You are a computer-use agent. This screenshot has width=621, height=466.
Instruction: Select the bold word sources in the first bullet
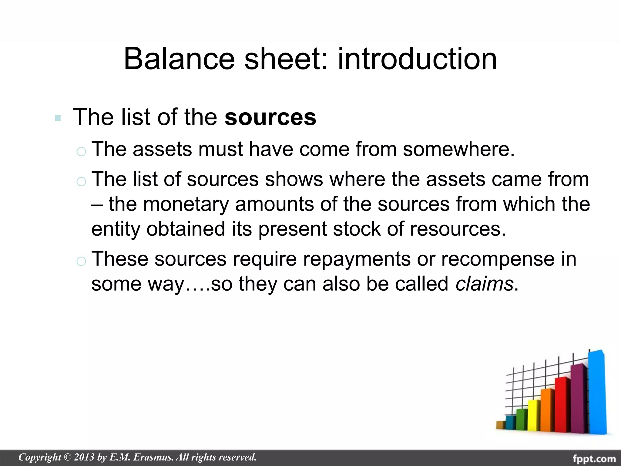coord(270,117)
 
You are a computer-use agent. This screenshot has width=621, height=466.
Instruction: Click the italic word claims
coord(484,284)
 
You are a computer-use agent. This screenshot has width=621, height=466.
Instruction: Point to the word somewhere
coord(458,149)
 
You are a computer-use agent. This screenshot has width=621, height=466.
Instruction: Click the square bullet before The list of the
coord(58,118)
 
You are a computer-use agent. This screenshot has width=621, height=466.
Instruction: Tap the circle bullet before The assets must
coord(81,151)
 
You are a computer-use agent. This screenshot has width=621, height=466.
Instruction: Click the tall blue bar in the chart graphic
coord(597,393)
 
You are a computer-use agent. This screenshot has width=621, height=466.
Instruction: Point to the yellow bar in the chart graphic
coord(534,415)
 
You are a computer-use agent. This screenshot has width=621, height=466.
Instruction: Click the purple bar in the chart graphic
coord(579,399)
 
